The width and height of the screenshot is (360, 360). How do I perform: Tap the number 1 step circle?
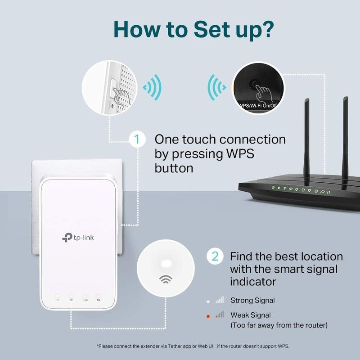pos(137,139)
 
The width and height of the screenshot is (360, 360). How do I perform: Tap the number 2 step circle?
pos(215,256)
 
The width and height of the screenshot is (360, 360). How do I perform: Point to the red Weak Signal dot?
pos(208,316)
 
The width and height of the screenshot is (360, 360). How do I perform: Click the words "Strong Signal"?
pos(252,300)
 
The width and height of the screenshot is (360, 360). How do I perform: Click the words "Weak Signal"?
pos(251,315)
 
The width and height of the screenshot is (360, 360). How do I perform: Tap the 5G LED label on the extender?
pos(98,299)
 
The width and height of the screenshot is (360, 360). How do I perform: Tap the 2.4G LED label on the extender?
pos(85,299)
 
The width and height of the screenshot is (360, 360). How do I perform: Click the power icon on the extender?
pos(58,299)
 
